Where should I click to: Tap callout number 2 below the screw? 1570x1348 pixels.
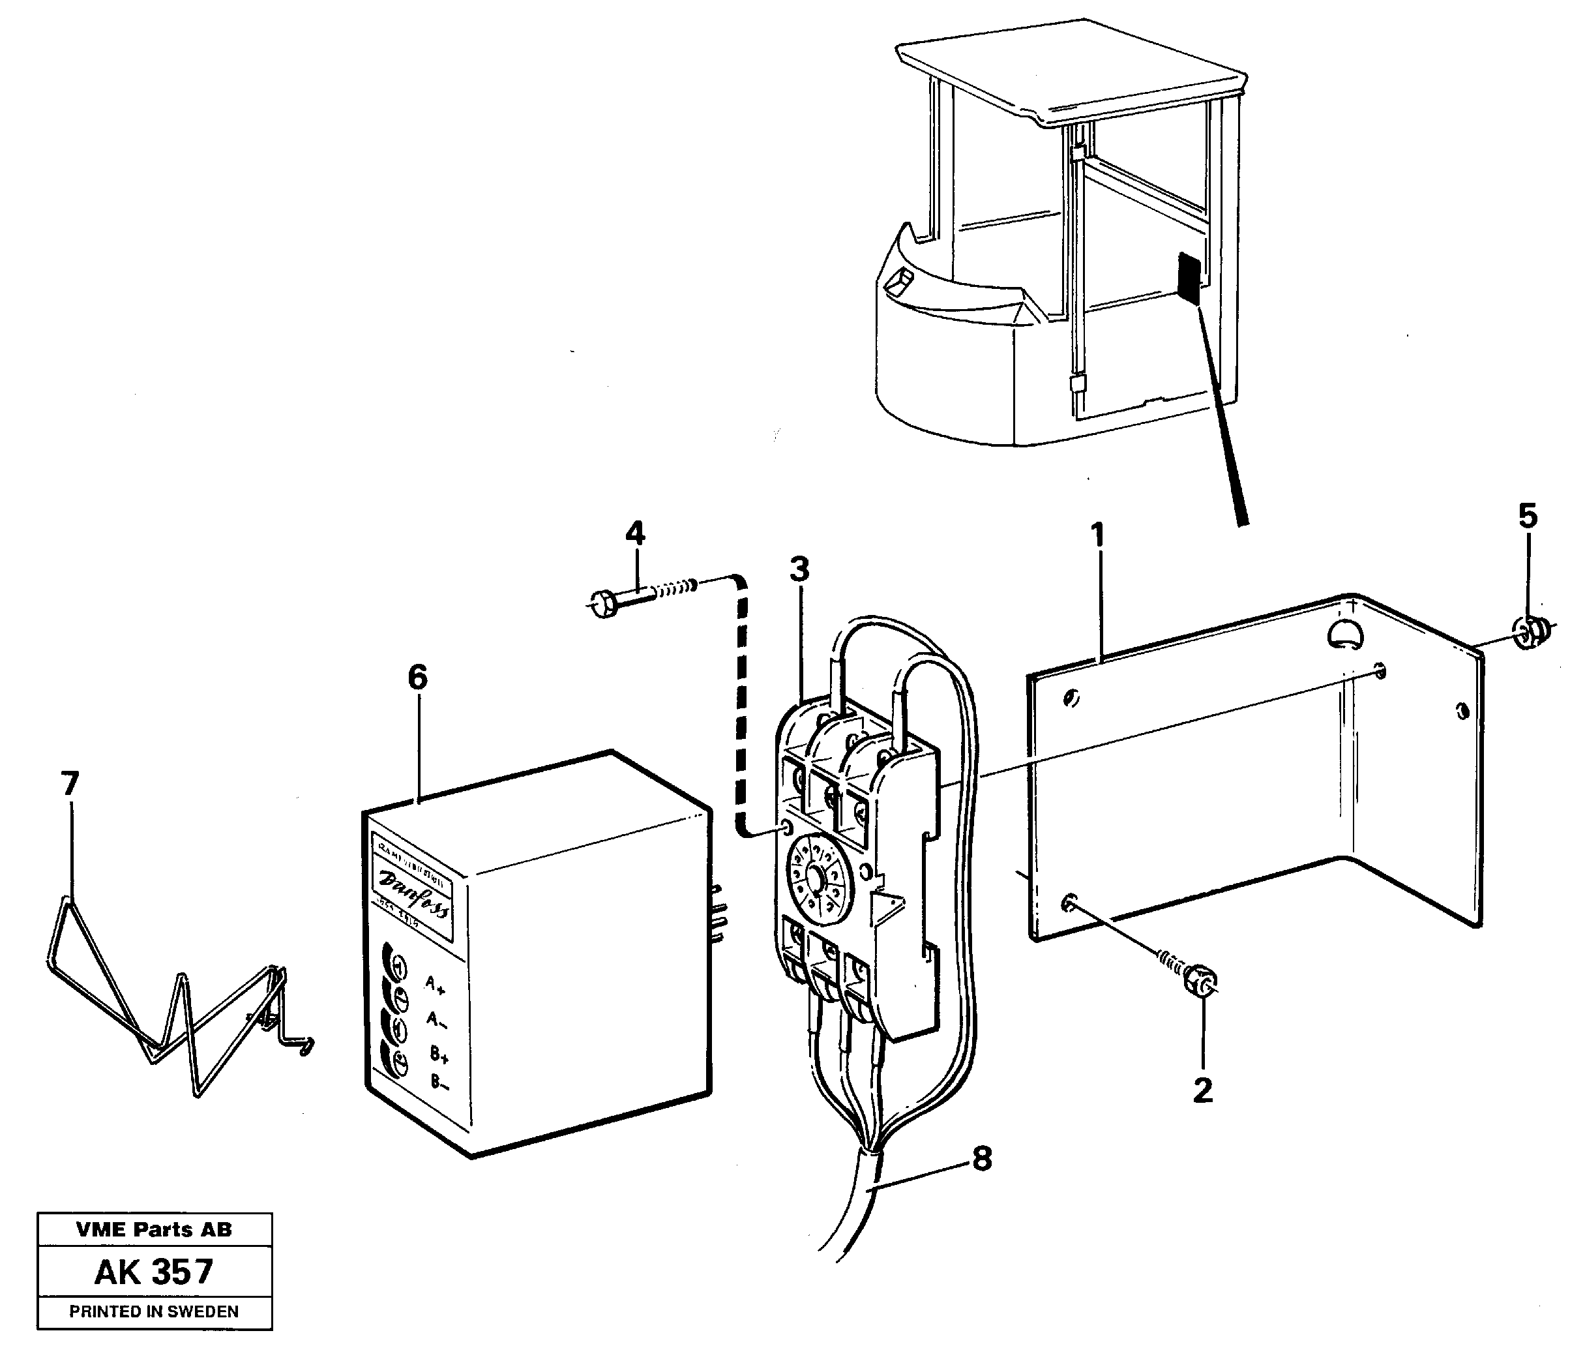point(1202,1091)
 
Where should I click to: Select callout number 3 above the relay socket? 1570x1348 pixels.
point(799,568)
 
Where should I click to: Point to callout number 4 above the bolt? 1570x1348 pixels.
point(635,533)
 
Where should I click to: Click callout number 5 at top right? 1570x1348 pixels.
point(1528,516)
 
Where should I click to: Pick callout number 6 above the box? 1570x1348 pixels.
point(417,677)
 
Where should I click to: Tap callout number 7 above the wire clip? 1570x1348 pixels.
point(70,783)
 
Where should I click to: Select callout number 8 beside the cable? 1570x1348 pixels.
point(982,1159)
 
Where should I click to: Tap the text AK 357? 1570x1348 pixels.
point(154,1272)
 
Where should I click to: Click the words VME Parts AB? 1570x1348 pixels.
point(154,1230)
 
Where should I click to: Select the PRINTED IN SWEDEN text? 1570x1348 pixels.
point(154,1311)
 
